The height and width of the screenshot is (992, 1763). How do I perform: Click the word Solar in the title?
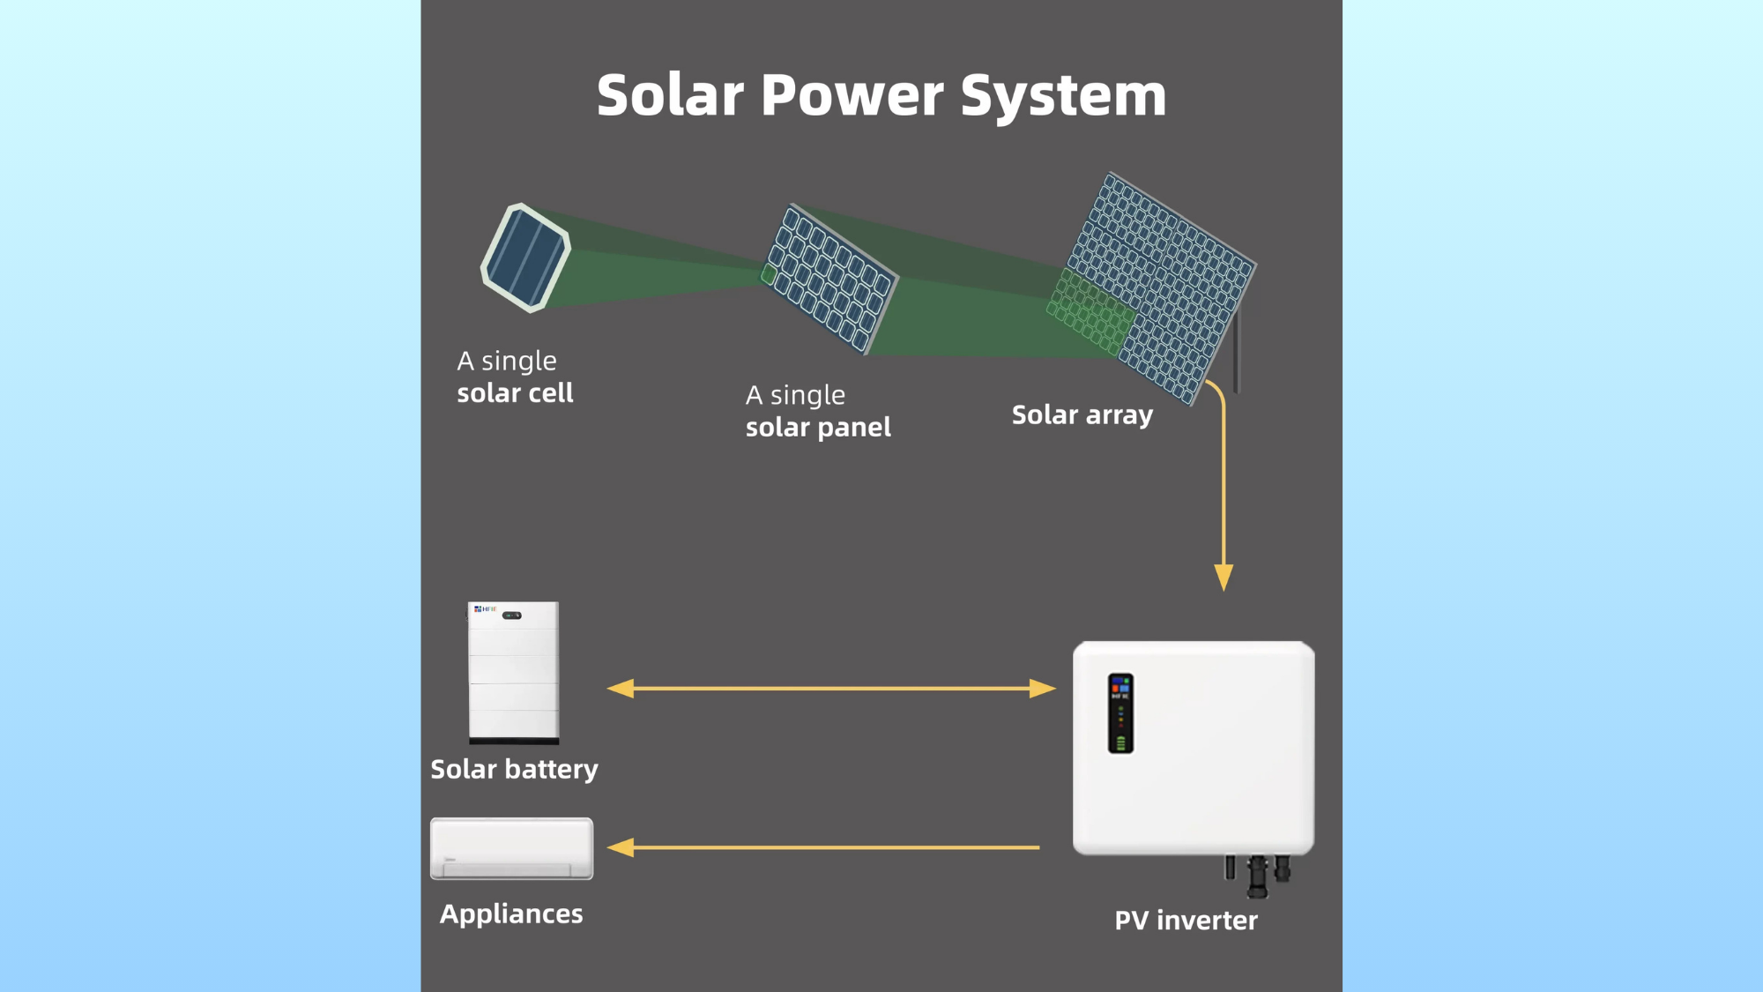point(670,95)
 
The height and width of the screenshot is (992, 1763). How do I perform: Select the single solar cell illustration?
point(525,257)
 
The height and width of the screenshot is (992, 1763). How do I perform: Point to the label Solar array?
point(1082,414)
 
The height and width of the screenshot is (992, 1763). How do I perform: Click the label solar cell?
point(515,393)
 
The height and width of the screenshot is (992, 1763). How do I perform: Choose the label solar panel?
point(818,428)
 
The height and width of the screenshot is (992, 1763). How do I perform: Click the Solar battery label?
point(514,769)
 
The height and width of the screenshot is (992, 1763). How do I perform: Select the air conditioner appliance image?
point(511,848)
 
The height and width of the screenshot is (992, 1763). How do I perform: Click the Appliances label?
point(511,914)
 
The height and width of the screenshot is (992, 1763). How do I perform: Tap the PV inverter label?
point(1186,921)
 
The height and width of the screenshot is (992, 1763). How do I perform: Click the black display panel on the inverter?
point(1120,713)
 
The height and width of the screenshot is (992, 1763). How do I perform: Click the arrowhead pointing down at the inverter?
point(1224,577)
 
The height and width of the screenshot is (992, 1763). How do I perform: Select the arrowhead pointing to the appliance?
point(621,847)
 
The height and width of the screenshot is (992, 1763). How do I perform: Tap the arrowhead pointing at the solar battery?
point(621,689)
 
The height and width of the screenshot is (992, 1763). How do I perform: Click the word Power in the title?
point(853,95)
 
